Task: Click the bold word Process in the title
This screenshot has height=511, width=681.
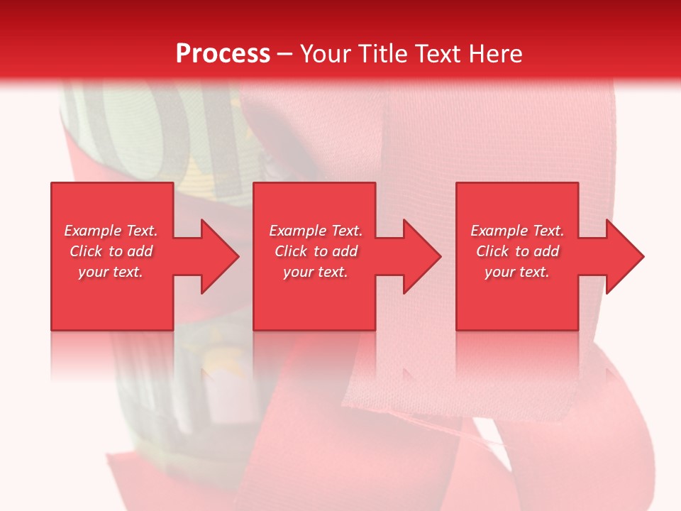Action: click(223, 54)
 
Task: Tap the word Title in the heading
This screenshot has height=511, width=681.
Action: click(381, 54)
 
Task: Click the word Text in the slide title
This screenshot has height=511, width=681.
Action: click(438, 54)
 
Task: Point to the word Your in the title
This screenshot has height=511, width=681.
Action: click(326, 54)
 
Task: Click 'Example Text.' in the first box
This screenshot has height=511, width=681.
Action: click(111, 231)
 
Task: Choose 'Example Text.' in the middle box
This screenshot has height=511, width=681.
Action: click(316, 231)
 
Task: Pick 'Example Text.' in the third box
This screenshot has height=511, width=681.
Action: click(517, 231)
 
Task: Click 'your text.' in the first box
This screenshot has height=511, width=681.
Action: click(111, 272)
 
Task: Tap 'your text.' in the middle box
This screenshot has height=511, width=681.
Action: click(316, 272)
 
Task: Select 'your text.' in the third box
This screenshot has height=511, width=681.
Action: click(517, 272)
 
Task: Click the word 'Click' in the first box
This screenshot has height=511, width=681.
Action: click(87, 251)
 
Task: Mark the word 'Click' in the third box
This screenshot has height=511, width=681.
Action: click(493, 251)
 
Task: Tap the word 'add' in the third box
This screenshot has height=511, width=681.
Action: click(547, 251)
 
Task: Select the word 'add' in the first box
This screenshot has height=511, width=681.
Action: click(140, 251)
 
